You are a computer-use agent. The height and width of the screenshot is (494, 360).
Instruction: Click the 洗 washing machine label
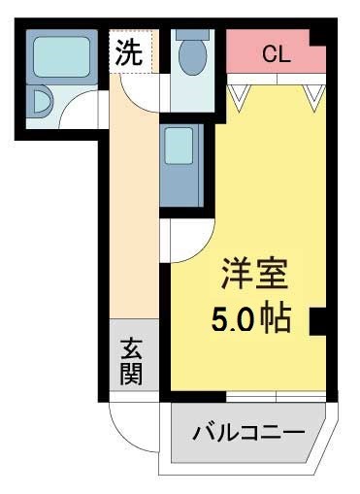pos(129,52)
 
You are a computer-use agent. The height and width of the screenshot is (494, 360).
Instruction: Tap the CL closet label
pos(277,53)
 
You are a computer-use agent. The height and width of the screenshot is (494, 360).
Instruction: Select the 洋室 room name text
pos(255,274)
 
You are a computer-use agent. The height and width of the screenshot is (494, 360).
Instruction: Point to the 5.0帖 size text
pos(251,318)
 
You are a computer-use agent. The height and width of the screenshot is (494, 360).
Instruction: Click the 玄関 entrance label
pos(132,361)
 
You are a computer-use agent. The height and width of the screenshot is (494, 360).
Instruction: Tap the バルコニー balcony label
pos(249,432)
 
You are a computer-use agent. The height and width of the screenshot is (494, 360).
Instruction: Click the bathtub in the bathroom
pos(61,57)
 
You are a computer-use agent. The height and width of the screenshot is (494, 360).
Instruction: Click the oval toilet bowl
pos(192,57)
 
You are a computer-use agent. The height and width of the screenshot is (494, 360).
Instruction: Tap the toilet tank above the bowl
pos(192,35)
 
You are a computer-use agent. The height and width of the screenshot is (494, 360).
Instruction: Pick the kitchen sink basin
pos(179,146)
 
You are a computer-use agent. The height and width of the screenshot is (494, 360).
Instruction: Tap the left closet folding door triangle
pos(240,97)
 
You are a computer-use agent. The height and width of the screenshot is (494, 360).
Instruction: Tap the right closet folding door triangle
pos(314,97)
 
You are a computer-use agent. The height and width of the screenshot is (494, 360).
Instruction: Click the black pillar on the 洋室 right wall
pos(317,321)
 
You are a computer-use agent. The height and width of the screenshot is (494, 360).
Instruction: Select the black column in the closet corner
pos(318,38)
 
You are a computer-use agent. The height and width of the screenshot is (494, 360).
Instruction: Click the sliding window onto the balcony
pos(276,397)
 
